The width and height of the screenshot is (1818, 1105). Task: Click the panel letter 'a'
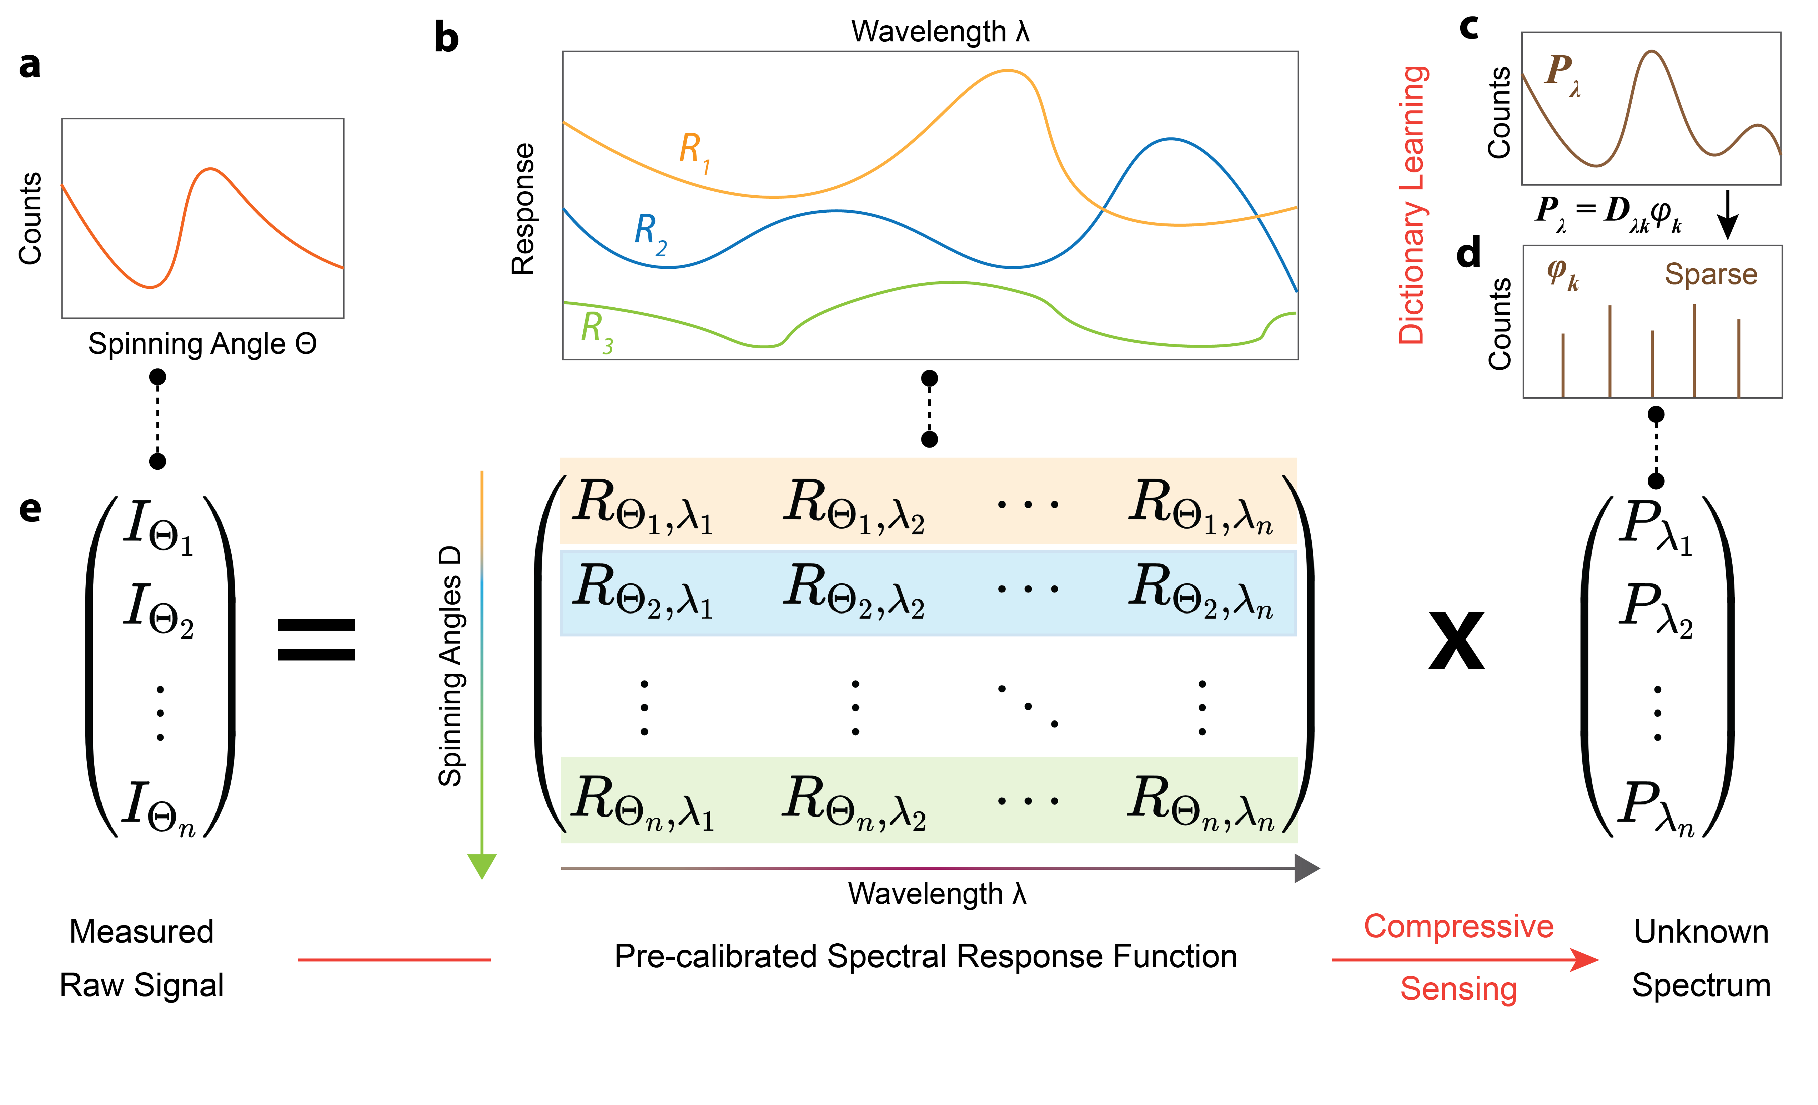pos(30,65)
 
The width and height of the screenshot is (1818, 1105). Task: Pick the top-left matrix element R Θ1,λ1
pos(642,505)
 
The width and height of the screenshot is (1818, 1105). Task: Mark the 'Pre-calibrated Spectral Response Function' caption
pos(925,957)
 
